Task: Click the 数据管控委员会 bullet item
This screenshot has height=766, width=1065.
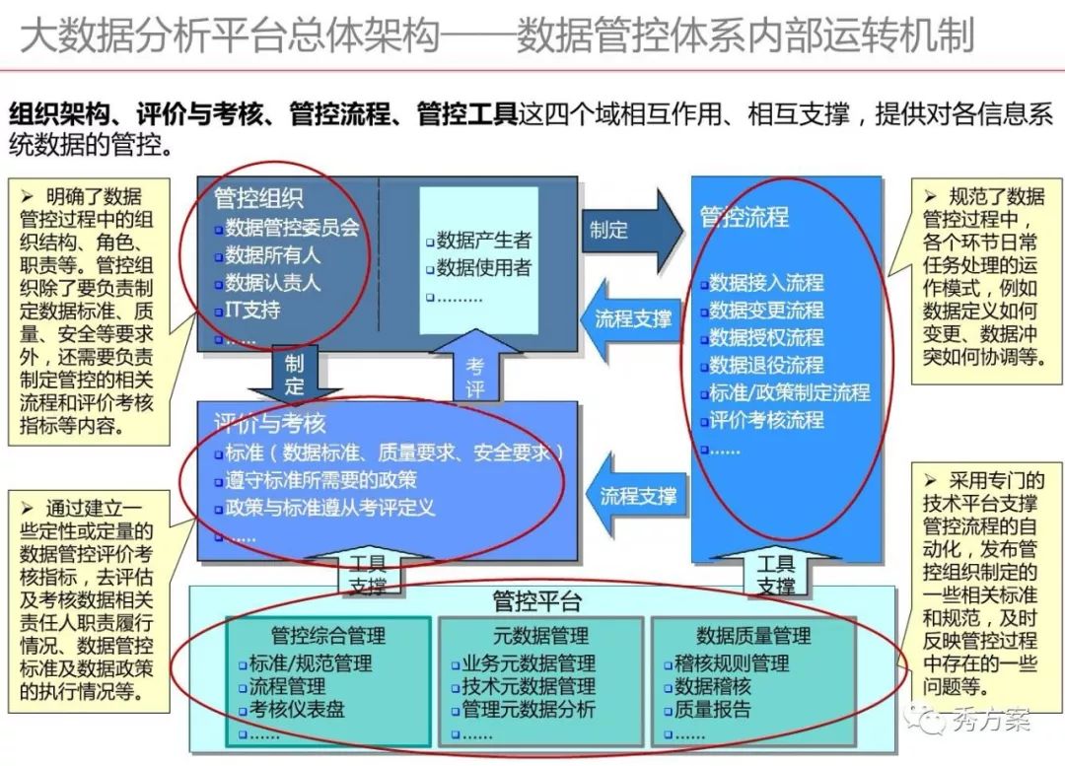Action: tap(292, 228)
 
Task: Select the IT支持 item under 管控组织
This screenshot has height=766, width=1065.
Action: tap(253, 311)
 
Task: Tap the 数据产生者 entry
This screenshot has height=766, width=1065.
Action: tap(483, 240)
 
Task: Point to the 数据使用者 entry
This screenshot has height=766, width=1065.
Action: tap(483, 267)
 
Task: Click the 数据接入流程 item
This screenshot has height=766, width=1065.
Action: tap(766, 283)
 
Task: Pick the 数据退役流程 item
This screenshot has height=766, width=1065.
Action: tap(766, 365)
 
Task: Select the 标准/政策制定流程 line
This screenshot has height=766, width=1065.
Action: tap(789, 392)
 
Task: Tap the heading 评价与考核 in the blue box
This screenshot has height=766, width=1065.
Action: tap(270, 424)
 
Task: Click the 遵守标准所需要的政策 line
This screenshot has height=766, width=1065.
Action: tap(320, 481)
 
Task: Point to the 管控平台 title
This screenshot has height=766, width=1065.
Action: tap(537, 600)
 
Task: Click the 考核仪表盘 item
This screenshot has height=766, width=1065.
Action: tap(296, 710)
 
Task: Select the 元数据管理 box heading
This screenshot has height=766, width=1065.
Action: tap(540, 636)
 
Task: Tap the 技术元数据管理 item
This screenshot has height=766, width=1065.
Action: tap(529, 686)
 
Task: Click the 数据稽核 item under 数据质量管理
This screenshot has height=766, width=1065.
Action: tap(713, 686)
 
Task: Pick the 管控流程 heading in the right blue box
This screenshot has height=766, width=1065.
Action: tap(745, 217)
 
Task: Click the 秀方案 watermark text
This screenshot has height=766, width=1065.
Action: tap(990, 721)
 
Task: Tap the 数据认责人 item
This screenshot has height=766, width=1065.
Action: tap(272, 283)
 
